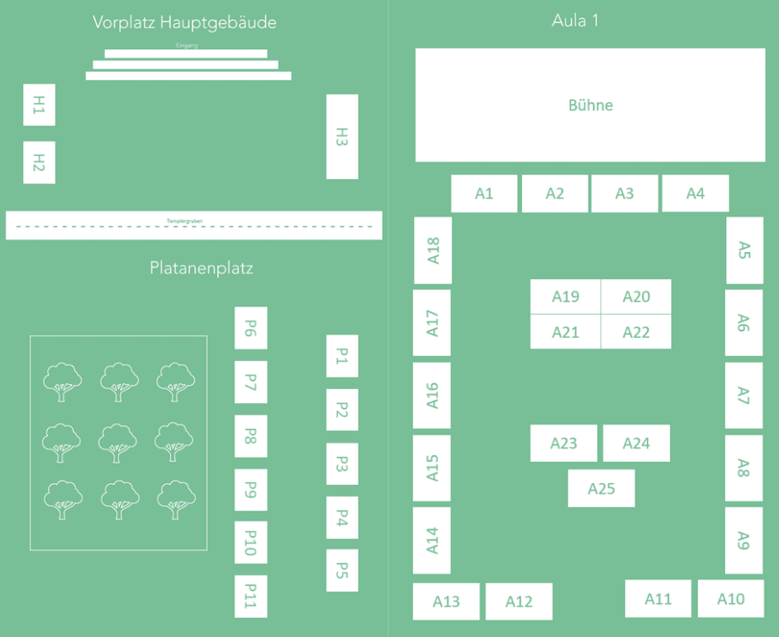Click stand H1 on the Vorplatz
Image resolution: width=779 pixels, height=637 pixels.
pyautogui.click(x=39, y=105)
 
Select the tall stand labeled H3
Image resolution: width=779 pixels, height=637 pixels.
pyautogui.click(x=342, y=136)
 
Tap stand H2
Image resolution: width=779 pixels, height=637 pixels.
pyautogui.click(x=39, y=162)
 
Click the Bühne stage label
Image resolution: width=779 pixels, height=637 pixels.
pyautogui.click(x=590, y=106)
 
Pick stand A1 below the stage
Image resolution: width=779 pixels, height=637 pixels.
pyautogui.click(x=484, y=193)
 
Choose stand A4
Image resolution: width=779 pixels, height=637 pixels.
pyautogui.click(x=695, y=193)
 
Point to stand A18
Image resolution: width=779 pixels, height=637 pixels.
pyautogui.click(x=433, y=250)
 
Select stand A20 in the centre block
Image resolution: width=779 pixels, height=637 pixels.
pyautogui.click(x=635, y=297)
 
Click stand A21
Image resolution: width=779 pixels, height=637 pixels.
pyautogui.click(x=565, y=332)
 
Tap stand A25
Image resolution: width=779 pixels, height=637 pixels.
pyautogui.click(x=601, y=488)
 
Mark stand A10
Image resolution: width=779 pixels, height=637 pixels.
pyautogui.click(x=730, y=599)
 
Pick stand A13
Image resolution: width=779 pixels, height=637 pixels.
pyautogui.click(x=446, y=601)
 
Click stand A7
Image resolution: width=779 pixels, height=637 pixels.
pyautogui.click(x=743, y=395)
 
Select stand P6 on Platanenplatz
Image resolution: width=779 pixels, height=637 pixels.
pyautogui.click(x=250, y=328)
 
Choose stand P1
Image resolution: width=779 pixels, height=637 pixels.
pyautogui.click(x=342, y=356)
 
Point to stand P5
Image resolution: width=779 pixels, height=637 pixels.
pyautogui.click(x=342, y=570)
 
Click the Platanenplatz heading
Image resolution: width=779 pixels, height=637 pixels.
pyautogui.click(x=202, y=268)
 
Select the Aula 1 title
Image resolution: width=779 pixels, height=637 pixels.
pyautogui.click(x=575, y=21)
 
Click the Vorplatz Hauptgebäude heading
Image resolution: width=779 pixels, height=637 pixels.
pyautogui.click(x=184, y=22)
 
